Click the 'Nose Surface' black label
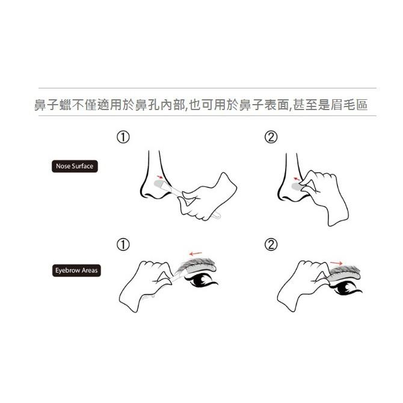(74, 166)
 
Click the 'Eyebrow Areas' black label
(75, 271)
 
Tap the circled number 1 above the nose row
(123, 138)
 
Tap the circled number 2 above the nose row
(271, 138)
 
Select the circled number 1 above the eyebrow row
(123, 245)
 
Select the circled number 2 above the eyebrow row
(271, 245)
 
